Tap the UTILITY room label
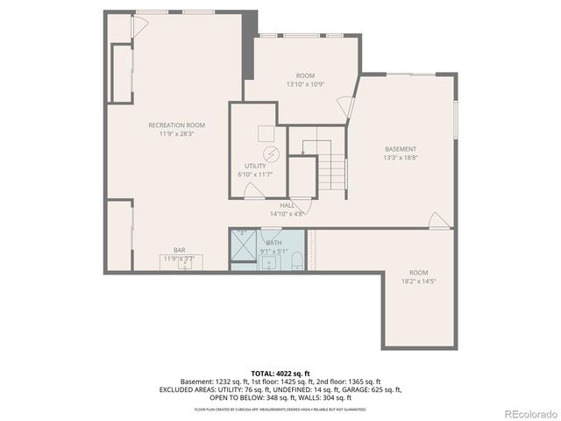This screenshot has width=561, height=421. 254,166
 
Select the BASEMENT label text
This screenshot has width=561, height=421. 400,149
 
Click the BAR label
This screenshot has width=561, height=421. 179,250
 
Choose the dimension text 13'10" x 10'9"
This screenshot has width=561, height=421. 305,84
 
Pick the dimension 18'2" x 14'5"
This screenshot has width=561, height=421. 418,282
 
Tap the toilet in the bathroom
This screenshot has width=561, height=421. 295,260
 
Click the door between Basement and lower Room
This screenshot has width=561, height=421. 437,222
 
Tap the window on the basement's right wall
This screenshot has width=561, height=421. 455,119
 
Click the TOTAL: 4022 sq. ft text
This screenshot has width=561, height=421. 280,372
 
